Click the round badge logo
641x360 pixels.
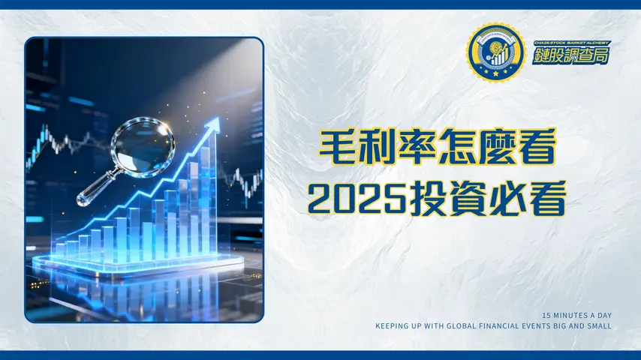495,52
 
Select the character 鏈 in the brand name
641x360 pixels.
543,55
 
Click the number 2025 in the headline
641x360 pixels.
351,196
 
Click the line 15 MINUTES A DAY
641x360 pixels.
576,315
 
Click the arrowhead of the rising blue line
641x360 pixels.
216,121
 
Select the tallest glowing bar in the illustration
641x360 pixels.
205,199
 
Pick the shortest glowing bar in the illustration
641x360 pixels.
60,250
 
